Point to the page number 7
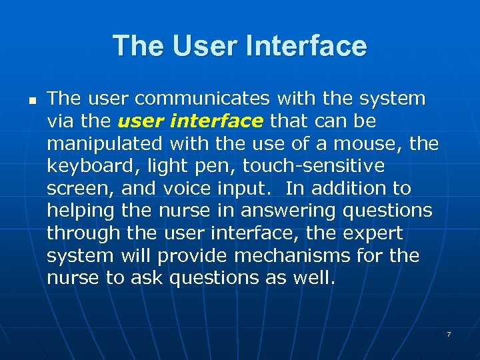pos(449,333)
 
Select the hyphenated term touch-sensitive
pos(314,167)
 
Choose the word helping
pos(81,211)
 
